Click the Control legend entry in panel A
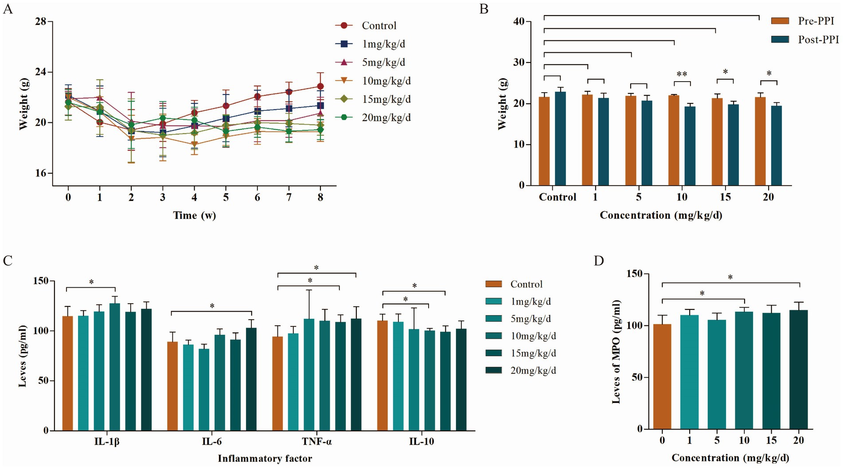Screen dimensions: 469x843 tap(379, 26)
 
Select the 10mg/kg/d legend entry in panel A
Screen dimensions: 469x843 tap(386, 81)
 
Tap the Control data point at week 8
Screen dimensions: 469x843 tap(320, 86)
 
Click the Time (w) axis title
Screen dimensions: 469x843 tap(194, 215)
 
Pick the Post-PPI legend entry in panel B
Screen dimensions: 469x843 tap(818, 39)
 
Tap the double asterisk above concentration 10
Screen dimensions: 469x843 tap(682, 74)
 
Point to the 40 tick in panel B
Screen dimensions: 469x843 tap(519, 22)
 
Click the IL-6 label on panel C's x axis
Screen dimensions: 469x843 tap(212, 442)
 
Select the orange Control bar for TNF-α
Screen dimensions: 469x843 tap(277, 383)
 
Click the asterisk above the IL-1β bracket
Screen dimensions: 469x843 tap(91, 282)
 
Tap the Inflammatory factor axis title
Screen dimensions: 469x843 tap(265, 459)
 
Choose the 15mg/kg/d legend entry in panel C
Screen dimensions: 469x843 tap(533, 353)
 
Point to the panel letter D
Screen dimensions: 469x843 tap(599, 261)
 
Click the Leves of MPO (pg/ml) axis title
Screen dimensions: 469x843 tap(616, 352)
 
